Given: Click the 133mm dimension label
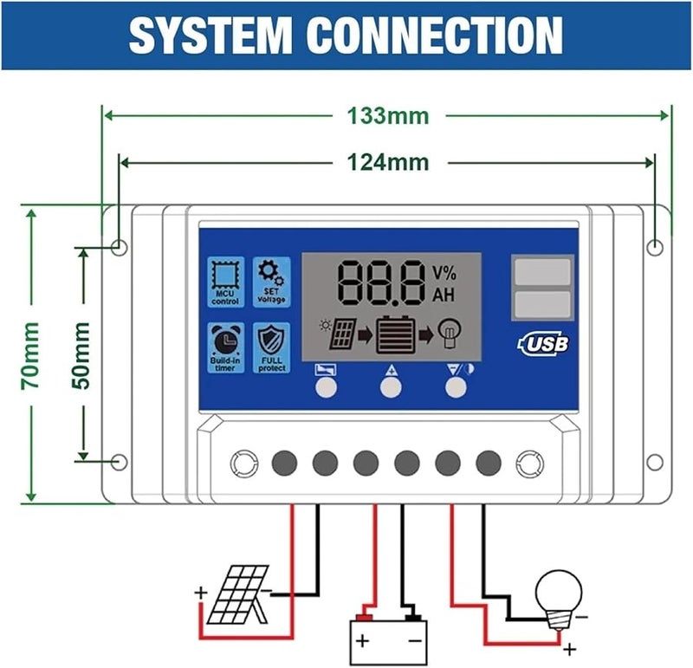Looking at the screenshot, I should pos(387,116).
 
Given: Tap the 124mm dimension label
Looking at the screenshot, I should pos(387,162).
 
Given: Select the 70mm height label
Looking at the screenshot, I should pos(30,354).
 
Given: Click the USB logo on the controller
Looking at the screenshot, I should pos(544,343).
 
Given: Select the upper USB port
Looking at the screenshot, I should pos(541,272).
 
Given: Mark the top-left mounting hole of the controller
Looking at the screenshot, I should pos(120,248).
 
